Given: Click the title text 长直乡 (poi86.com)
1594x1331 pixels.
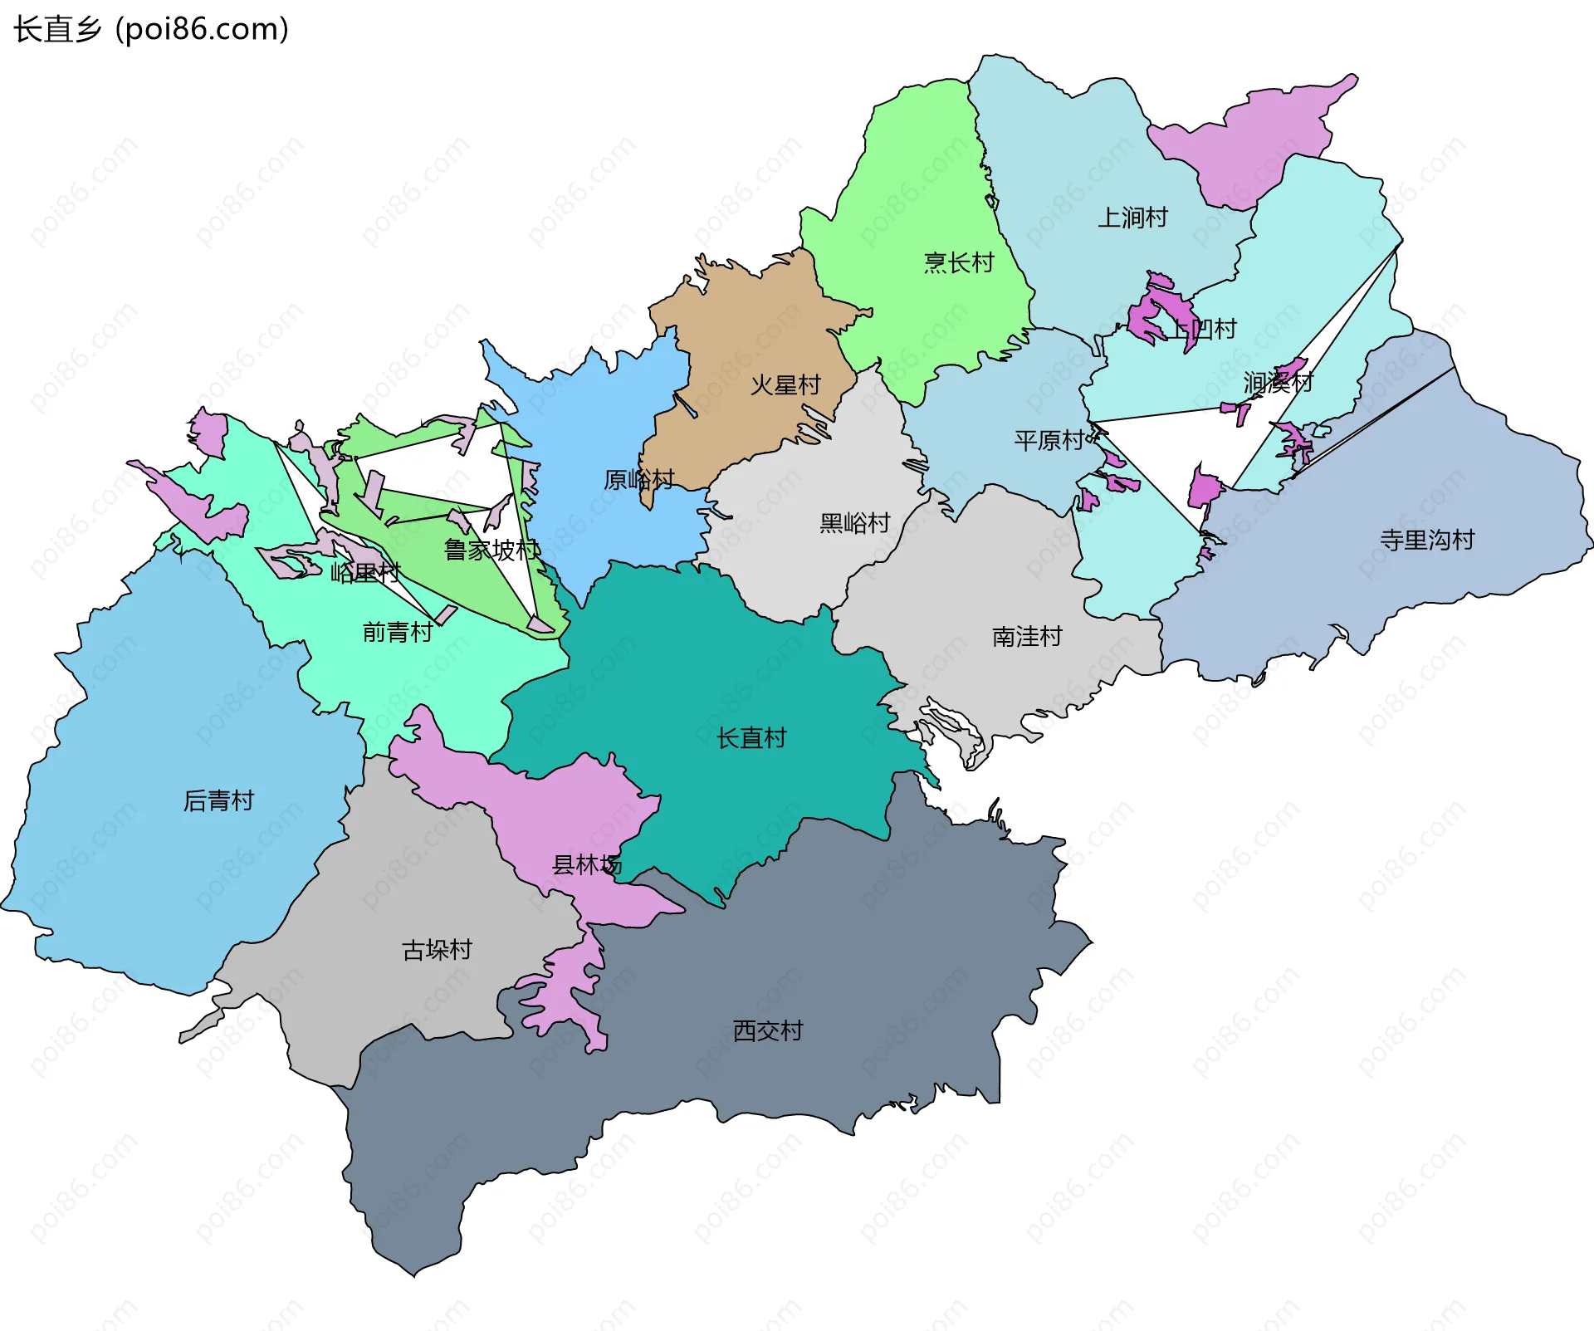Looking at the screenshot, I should click(151, 30).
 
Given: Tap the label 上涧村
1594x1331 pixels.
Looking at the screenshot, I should click(1132, 218).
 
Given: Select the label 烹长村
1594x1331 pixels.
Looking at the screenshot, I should click(959, 263).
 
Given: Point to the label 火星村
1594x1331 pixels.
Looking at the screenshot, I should click(785, 385).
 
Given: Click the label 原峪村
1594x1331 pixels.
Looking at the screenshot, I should click(638, 480).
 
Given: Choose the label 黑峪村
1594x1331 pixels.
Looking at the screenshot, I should click(854, 523).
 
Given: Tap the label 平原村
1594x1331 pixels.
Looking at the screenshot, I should click(1049, 440).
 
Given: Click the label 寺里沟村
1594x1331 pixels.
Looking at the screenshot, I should click(1427, 541).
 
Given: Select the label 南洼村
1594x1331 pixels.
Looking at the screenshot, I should click(1027, 637).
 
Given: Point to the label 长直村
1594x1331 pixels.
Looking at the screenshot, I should click(751, 738).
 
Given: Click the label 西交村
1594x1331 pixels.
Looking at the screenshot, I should click(768, 1031).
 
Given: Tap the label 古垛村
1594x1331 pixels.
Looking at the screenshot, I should click(437, 950).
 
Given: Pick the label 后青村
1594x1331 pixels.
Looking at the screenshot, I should click(218, 801).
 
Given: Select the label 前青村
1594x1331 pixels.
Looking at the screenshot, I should click(398, 633).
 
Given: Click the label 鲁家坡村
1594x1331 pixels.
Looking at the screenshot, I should click(491, 550).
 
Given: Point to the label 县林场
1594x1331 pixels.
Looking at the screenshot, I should click(586, 865).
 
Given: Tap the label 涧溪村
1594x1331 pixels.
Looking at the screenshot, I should click(1278, 383).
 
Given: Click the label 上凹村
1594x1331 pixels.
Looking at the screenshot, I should click(1203, 330).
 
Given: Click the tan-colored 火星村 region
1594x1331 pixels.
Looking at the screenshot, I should click(747, 332).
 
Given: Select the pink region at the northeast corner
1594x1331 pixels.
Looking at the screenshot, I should click(1254, 141).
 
